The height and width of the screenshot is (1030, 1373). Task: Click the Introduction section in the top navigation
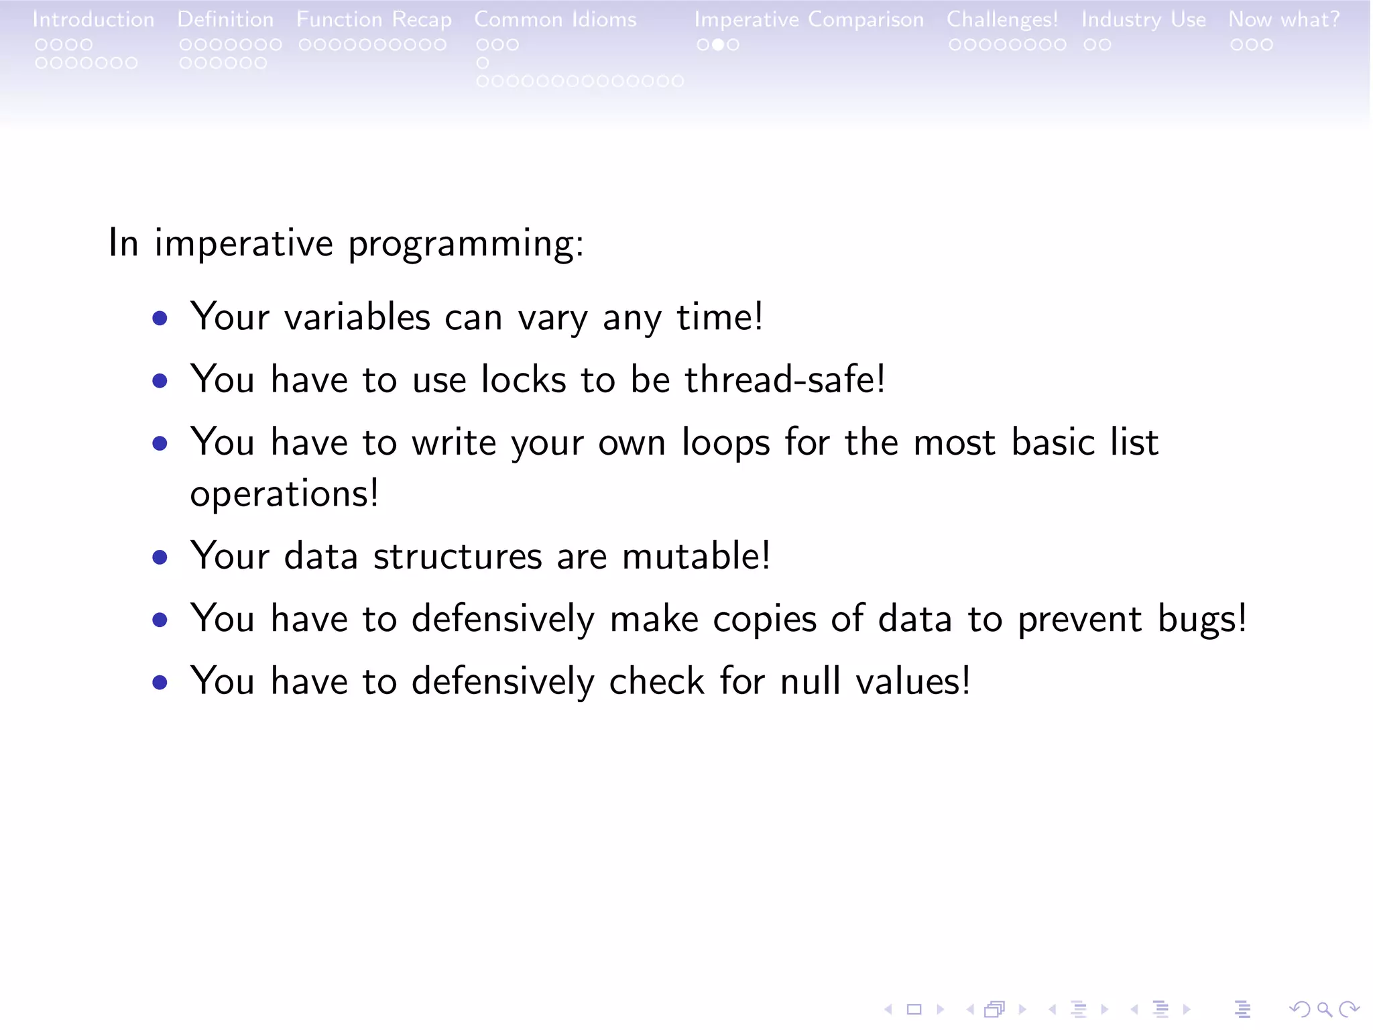point(93,19)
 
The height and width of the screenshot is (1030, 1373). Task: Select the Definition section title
point(225,19)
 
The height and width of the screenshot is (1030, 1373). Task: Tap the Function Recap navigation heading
point(374,20)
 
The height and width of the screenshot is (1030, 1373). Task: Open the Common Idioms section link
point(555,19)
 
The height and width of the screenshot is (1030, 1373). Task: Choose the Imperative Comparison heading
point(809,20)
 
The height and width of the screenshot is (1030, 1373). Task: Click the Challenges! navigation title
point(1002,20)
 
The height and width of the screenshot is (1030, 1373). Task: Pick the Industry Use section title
point(1143,20)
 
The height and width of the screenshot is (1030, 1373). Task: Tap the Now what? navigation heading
point(1284,19)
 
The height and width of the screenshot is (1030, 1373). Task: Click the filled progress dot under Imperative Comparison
point(718,45)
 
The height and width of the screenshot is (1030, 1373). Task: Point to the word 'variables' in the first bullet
point(357,317)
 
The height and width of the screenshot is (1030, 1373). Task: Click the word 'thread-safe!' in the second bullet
point(784,380)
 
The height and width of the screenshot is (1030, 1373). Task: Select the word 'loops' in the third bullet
point(725,443)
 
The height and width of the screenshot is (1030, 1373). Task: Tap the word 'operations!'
point(284,494)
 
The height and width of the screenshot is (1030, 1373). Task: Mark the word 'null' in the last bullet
point(809,681)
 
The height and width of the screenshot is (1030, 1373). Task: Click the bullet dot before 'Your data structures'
point(160,557)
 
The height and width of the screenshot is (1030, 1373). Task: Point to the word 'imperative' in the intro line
point(243,243)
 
